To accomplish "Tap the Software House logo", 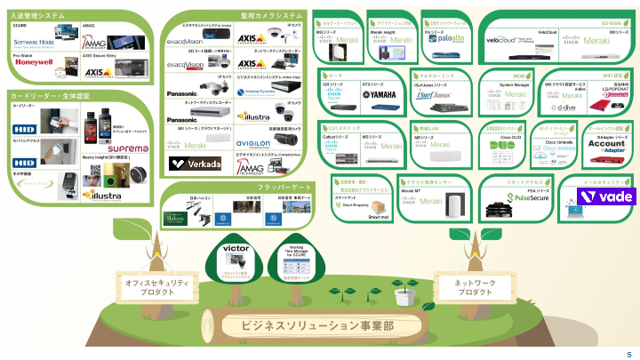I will (x=34, y=42).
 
